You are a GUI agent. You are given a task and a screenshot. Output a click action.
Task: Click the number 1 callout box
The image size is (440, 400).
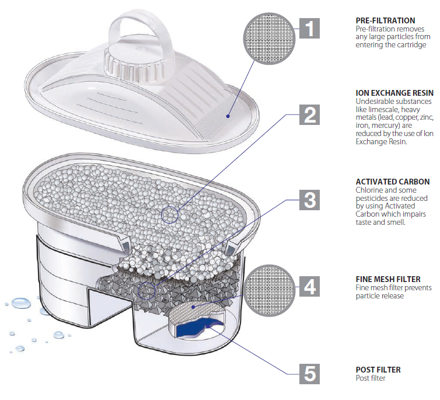tap(309, 27)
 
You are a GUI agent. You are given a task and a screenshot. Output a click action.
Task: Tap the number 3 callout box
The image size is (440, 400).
tap(309, 200)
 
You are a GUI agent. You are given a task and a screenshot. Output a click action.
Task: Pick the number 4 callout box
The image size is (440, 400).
tap(309, 287)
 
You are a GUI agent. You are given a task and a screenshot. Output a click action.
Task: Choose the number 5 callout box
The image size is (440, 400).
tap(309, 373)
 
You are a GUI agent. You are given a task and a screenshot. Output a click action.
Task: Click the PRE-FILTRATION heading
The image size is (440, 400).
tap(385, 20)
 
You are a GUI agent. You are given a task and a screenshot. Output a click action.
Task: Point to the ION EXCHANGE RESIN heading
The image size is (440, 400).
tap(394, 93)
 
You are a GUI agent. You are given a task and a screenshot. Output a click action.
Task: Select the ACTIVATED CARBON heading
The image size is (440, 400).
tap(392, 182)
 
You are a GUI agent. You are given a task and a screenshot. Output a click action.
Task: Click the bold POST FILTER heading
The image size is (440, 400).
tap(378, 370)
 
